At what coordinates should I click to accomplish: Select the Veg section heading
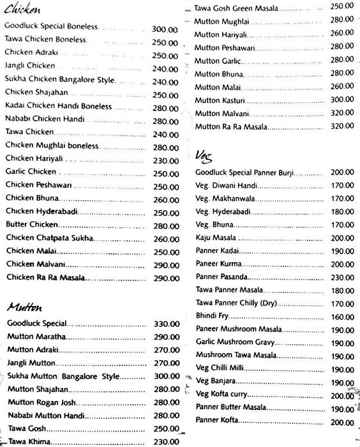click(205, 156)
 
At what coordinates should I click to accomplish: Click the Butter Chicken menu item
click(32, 225)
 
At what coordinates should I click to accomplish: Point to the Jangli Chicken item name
click(29, 66)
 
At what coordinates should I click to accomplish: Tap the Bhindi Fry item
click(212, 317)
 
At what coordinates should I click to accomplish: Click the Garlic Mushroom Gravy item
click(230, 342)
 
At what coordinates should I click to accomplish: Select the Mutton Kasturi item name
click(216, 100)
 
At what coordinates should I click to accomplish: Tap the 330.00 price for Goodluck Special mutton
click(164, 324)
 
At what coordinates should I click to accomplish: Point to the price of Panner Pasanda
click(343, 277)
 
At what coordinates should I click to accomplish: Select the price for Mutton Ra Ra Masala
click(343, 126)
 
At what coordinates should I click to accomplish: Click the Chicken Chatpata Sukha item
click(50, 238)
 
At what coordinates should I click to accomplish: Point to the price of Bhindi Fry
click(343, 317)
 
